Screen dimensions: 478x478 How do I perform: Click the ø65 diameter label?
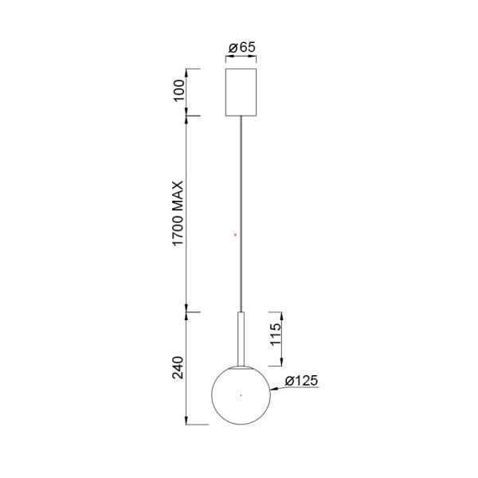point(241,48)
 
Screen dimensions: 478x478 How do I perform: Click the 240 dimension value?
point(179,367)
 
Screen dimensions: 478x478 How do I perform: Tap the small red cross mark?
point(235,234)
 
